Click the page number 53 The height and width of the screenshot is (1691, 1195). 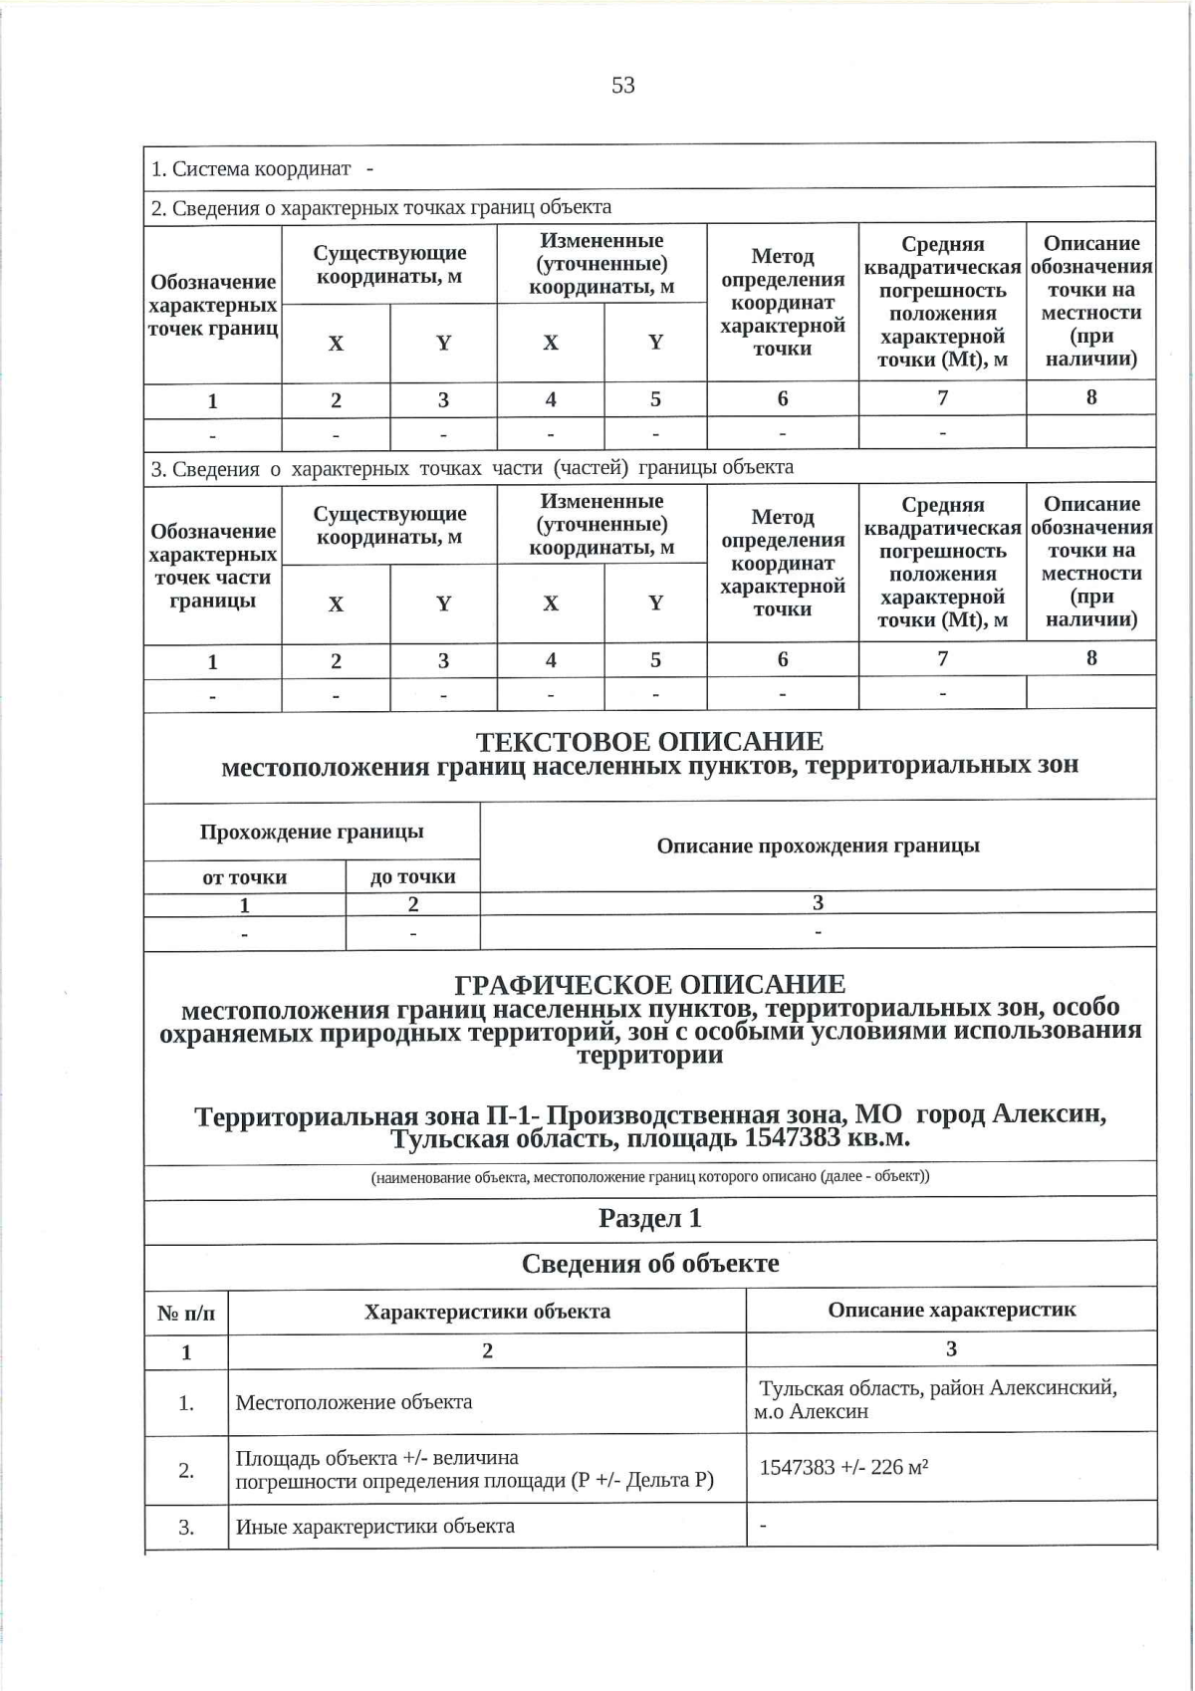pos(623,86)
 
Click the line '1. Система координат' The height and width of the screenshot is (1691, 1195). pos(251,168)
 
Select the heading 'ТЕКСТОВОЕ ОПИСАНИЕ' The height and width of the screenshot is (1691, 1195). pos(649,742)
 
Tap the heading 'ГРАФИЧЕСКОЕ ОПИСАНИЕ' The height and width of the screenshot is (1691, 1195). pos(649,984)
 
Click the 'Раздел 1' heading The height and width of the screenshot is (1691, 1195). pos(649,1218)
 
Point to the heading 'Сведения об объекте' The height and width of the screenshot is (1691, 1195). pos(649,1264)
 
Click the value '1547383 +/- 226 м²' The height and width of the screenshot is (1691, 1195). pos(844,1467)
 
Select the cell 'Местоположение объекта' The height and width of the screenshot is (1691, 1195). pos(354,1402)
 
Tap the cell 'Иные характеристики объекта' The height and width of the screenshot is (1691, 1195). pos(374,1526)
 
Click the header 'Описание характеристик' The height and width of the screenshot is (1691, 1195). pos(951,1310)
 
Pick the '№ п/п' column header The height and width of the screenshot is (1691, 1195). pos(186,1313)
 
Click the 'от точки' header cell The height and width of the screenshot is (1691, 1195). pos(244,877)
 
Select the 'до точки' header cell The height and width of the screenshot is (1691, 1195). pos(412,877)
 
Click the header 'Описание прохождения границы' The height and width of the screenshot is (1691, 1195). pos(818,845)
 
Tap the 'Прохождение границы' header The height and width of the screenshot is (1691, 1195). pos(312,832)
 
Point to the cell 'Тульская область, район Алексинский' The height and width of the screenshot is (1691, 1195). pos(937,1388)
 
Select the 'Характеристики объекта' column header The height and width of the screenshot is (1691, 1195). pos(487,1312)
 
